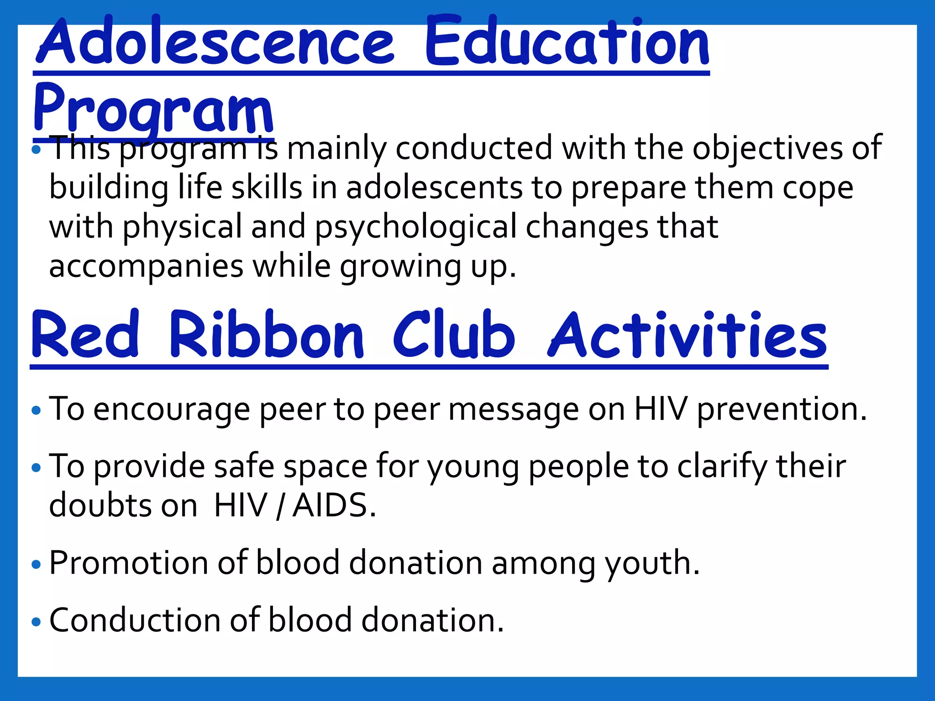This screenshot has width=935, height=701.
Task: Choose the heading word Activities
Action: [x=687, y=335]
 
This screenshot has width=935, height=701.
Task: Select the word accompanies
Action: [x=146, y=267]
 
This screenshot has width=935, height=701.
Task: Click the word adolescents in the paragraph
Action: [x=434, y=188]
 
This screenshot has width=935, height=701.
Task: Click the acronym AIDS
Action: [x=334, y=506]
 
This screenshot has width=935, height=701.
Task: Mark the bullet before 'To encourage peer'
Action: [x=37, y=411]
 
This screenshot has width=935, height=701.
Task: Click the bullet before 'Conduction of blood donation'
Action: [x=37, y=622]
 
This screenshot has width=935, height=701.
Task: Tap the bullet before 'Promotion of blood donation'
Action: [x=37, y=565]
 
